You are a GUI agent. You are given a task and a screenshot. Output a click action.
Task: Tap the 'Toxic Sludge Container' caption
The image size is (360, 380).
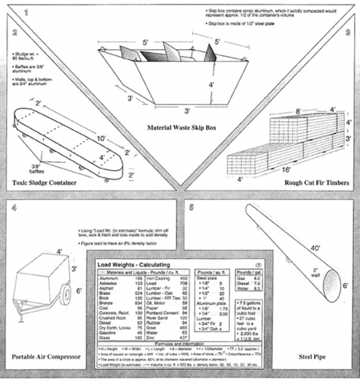[x=49, y=182]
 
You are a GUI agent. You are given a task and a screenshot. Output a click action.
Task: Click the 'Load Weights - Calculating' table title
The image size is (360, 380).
[x=133, y=264]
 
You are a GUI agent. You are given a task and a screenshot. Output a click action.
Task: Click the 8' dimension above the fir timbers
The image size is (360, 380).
[x=298, y=111]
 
